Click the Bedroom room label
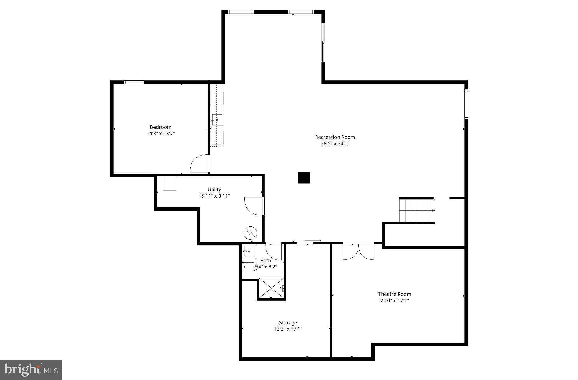(160, 127)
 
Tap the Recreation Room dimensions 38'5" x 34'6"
(335, 143)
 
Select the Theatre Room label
(394, 294)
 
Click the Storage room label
(288, 323)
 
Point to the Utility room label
(214, 190)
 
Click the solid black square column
(304, 178)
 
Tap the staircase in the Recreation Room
(417, 211)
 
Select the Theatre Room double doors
(358, 251)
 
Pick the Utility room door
(254, 206)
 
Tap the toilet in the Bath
(249, 267)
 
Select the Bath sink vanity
(249, 251)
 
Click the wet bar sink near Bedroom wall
(217, 120)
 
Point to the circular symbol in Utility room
(250, 233)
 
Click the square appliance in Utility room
(170, 184)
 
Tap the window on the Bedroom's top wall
(134, 82)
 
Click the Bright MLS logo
(31, 370)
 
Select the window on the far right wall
(466, 104)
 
